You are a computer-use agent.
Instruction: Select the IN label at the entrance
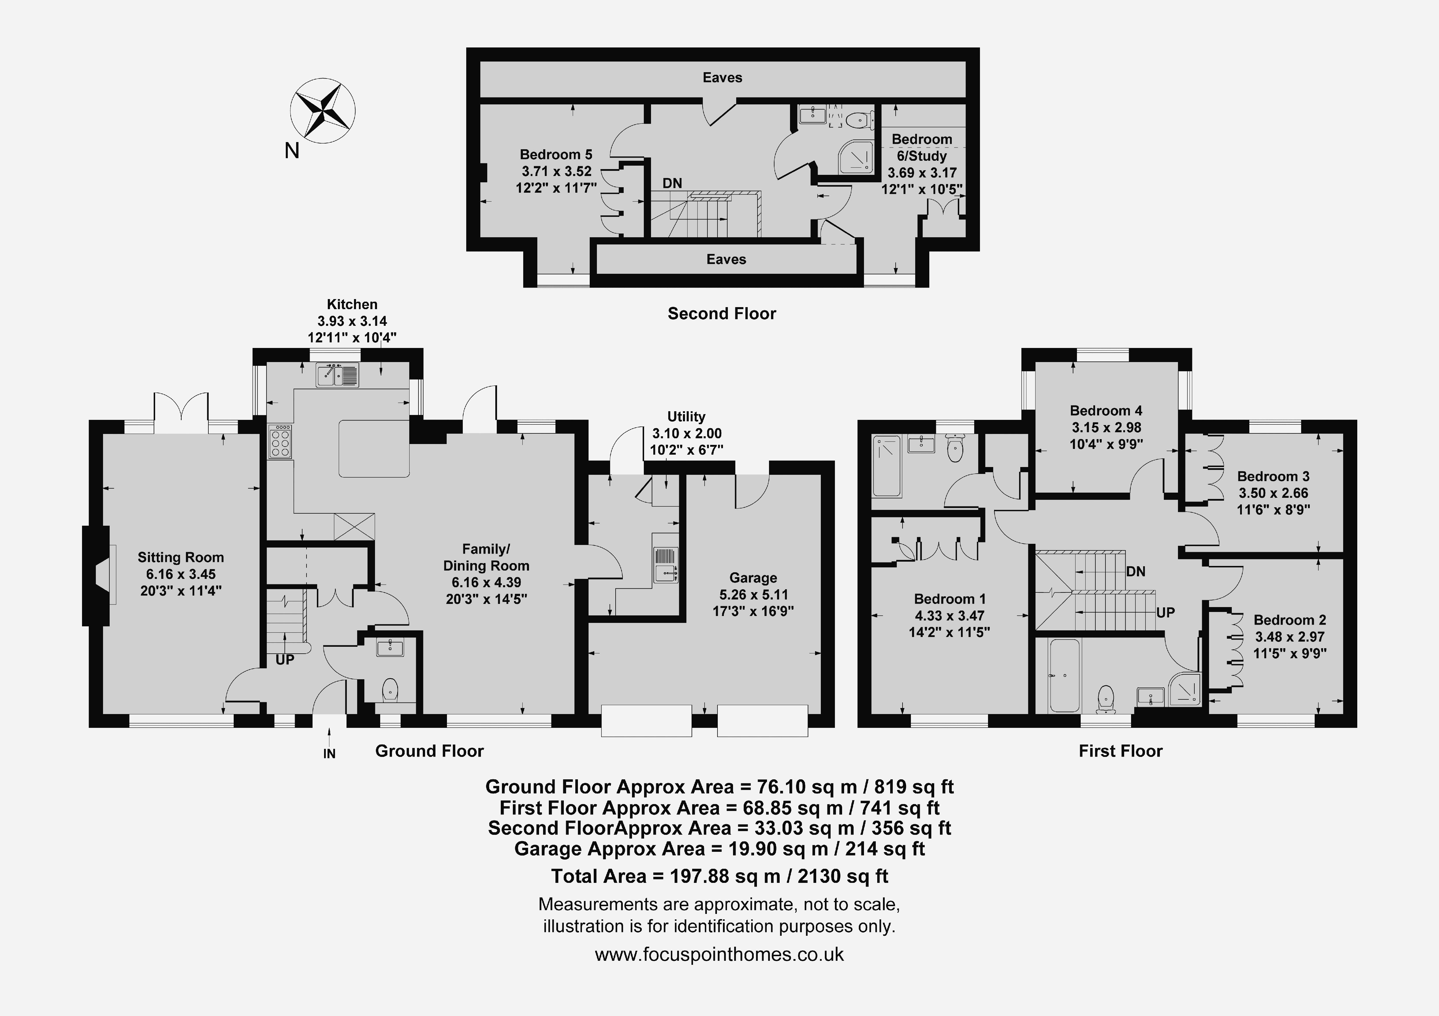[x=329, y=753]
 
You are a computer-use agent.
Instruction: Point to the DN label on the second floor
[x=673, y=183]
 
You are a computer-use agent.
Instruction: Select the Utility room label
[x=686, y=416]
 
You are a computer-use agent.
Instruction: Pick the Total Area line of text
[x=719, y=876]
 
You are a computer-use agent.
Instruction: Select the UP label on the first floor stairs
[x=1165, y=613]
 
